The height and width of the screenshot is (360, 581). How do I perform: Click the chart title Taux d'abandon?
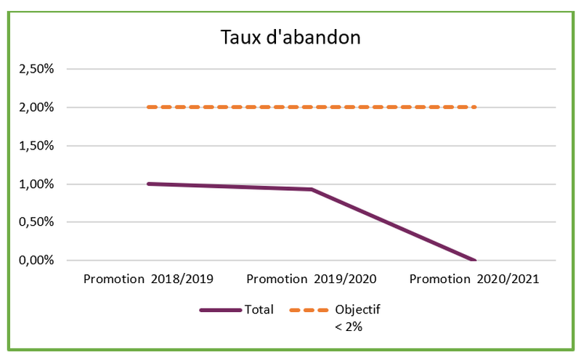click(290, 38)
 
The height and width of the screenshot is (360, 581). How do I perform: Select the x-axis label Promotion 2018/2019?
click(148, 279)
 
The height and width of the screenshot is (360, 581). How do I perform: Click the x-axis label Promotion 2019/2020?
click(312, 279)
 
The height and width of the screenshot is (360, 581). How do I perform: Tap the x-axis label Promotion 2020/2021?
click(475, 279)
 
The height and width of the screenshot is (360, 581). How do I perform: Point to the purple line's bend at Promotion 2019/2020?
click(312, 189)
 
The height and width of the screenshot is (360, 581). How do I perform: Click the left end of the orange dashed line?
click(149, 107)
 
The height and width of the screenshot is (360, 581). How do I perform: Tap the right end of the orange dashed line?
click(474, 107)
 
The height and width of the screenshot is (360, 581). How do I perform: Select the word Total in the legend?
click(259, 310)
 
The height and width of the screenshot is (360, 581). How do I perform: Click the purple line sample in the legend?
click(221, 310)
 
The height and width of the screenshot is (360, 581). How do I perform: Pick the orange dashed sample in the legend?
click(310, 310)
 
